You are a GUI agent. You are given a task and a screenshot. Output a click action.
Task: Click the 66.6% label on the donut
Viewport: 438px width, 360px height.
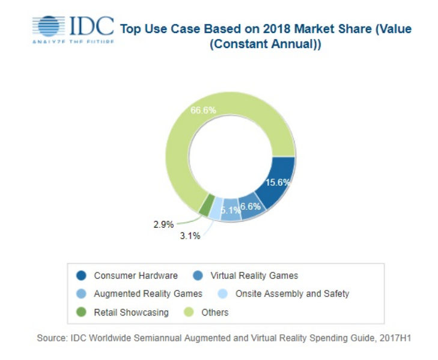click(x=202, y=111)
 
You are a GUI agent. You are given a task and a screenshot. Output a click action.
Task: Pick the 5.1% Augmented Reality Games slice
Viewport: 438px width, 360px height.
click(x=230, y=212)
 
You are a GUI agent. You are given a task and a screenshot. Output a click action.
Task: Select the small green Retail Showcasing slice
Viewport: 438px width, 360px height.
click(x=205, y=206)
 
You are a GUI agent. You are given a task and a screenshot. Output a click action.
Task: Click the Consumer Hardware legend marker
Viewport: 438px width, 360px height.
click(x=81, y=276)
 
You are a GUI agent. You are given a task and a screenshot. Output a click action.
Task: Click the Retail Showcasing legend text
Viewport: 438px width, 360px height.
click(x=131, y=312)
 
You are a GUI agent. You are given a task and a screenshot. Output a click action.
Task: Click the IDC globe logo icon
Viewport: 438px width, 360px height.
click(x=49, y=26)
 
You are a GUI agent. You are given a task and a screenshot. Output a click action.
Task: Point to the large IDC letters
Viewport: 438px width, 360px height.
click(x=91, y=25)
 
